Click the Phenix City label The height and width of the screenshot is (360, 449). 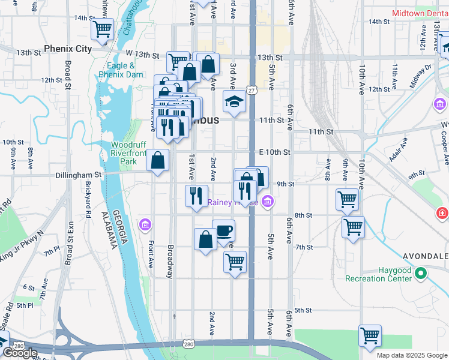[67, 48]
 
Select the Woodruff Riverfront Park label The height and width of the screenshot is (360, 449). [128, 153]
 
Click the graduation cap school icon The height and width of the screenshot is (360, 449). [234, 102]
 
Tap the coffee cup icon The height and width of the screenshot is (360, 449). [223, 231]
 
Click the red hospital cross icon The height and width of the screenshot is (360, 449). [442, 213]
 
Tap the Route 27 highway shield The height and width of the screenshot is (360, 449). [252, 90]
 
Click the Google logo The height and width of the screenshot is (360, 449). [20, 353]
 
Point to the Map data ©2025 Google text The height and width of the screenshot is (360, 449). [411, 355]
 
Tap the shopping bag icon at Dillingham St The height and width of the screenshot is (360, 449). [157, 161]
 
